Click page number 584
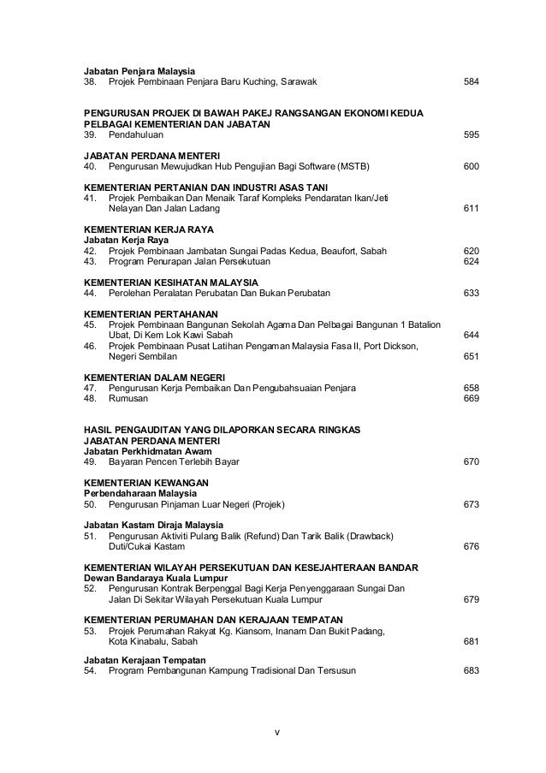[470, 82]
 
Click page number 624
[470, 261]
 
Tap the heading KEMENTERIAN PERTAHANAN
[151, 314]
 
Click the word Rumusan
[128, 398]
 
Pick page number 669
[470, 398]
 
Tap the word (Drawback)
[364, 536]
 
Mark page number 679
[470, 599]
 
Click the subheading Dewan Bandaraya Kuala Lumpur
[154, 578]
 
